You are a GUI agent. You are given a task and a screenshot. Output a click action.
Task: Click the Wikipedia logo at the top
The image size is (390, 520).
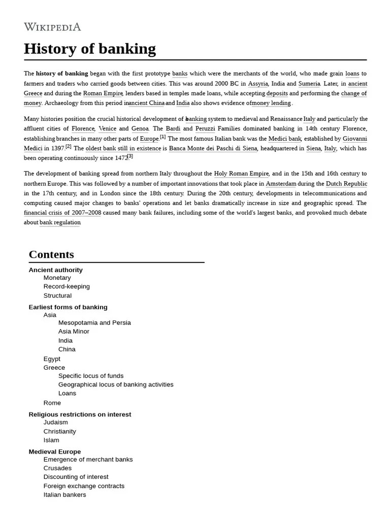52,27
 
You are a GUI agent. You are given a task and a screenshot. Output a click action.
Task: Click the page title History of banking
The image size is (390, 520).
90,49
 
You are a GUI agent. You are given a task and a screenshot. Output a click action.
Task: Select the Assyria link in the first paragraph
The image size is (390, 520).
257,84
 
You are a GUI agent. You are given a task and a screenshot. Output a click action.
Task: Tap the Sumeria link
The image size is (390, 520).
309,84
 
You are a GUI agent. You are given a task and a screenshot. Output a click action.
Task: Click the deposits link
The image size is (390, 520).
277,93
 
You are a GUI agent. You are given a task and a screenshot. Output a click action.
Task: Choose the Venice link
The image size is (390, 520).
107,129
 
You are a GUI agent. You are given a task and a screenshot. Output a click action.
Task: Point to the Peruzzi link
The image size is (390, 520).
205,129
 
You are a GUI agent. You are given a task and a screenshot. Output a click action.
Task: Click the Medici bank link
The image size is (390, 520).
285,139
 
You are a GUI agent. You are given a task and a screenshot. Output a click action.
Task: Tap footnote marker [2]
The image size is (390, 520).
68,147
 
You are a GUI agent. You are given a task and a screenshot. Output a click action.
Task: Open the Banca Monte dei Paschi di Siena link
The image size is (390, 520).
213,148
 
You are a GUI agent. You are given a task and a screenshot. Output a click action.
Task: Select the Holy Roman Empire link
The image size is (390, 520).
241,174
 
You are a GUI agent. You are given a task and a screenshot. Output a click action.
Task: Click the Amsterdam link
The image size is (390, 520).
281,184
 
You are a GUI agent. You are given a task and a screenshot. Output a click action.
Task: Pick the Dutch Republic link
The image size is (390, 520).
346,184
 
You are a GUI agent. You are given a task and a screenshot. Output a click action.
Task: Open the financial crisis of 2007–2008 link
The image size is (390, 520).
62,213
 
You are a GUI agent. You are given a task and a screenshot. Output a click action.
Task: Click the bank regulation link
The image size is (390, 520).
60,222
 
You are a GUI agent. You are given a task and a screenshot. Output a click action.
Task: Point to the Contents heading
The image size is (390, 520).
51,254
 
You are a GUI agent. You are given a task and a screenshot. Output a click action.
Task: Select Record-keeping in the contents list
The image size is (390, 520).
67,286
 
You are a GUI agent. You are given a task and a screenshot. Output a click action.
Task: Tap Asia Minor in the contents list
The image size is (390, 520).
74,332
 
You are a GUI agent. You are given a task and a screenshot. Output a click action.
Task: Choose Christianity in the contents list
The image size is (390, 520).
60,431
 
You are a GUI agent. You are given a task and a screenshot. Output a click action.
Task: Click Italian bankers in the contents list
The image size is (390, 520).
64,495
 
